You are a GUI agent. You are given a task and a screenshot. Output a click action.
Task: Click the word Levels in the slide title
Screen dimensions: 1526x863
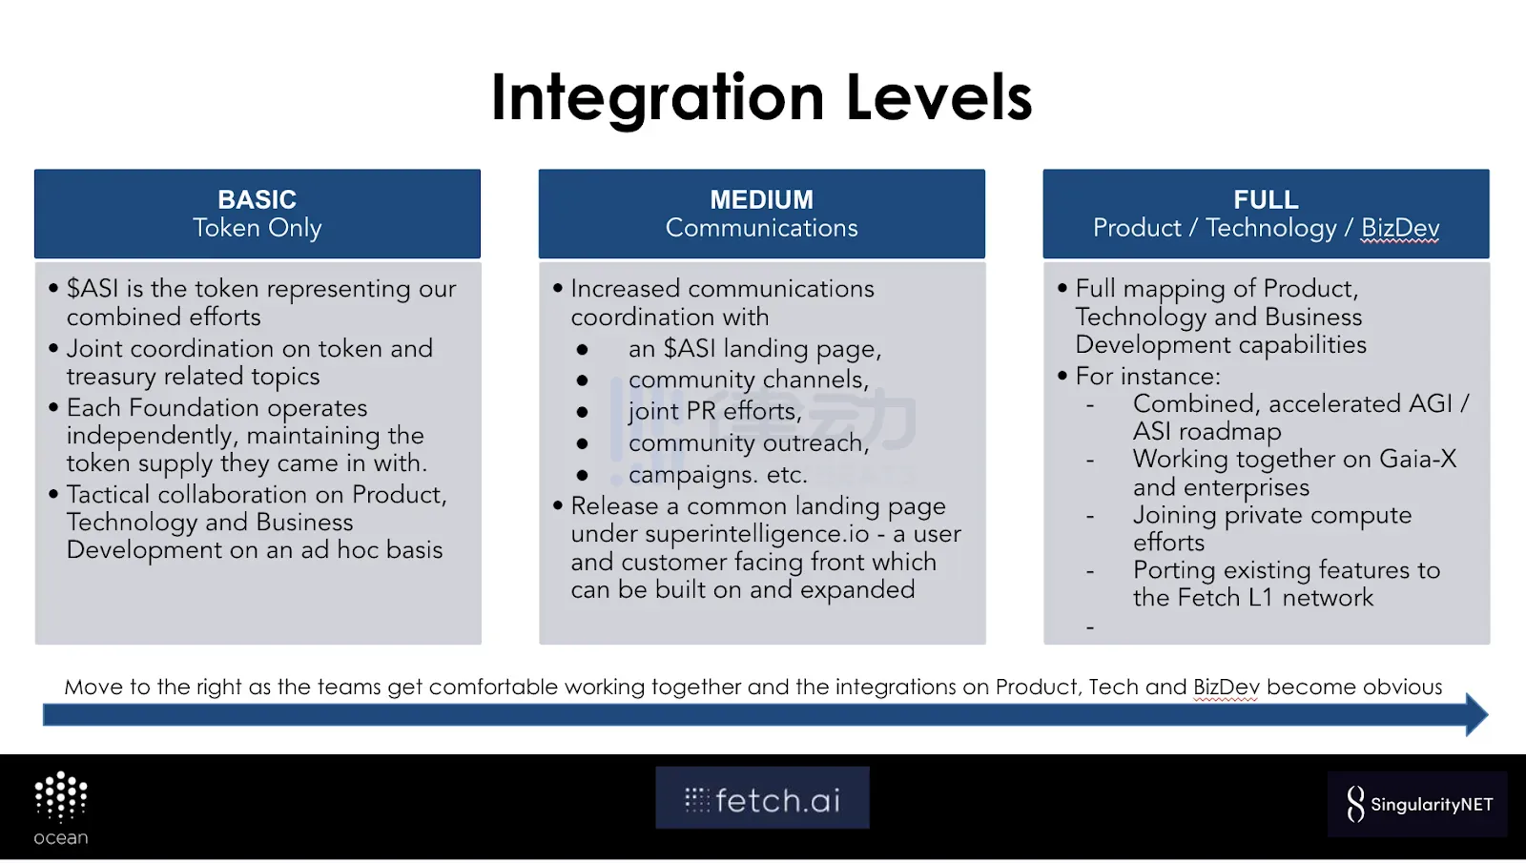(x=939, y=97)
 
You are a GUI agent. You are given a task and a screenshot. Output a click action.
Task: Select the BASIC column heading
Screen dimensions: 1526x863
(x=257, y=199)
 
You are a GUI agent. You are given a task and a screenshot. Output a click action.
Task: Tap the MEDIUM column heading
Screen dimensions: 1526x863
(x=762, y=199)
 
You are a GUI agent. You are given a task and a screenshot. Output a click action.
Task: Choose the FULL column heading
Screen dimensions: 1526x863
(x=1266, y=199)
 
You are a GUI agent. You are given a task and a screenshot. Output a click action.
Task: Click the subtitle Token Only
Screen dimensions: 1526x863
(x=257, y=228)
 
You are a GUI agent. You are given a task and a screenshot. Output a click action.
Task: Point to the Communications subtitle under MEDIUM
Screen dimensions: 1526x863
(x=762, y=228)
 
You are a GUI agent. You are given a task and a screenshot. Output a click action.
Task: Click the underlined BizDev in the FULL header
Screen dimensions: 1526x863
(x=1400, y=228)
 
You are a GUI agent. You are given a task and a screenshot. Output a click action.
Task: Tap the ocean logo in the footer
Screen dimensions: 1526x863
(x=61, y=809)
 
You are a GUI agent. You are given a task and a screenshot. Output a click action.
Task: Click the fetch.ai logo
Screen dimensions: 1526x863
(x=762, y=798)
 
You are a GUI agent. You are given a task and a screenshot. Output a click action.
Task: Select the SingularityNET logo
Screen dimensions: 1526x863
(x=1417, y=804)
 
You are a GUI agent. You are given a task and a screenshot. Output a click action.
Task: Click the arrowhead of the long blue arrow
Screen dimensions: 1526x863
(x=1477, y=714)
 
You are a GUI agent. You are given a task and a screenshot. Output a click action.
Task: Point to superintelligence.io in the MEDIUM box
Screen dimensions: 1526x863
(x=757, y=534)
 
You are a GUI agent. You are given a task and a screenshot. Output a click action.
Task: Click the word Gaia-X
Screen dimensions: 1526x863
(x=1417, y=459)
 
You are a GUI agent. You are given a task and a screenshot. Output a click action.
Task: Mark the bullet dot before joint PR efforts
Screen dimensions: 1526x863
(x=582, y=412)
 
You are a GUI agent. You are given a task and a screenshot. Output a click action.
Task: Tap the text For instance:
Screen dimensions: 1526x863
(x=1148, y=376)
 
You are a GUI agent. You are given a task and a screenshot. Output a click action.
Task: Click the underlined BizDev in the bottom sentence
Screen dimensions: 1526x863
(x=1227, y=688)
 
